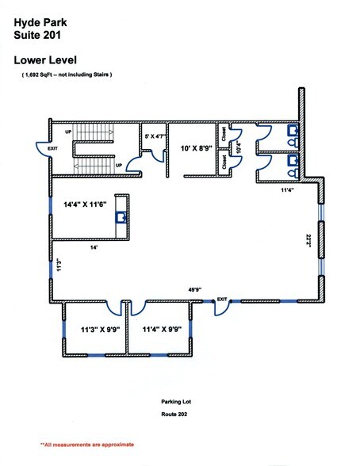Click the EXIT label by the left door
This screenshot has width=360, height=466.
tap(52, 147)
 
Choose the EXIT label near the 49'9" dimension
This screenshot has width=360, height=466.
tap(222, 299)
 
